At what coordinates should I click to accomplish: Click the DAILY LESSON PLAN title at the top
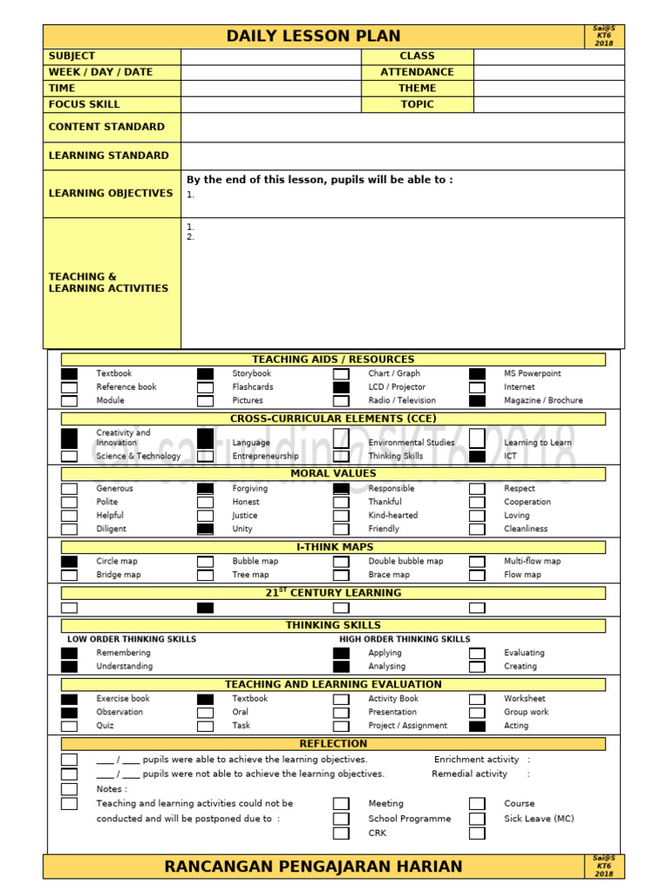(314, 36)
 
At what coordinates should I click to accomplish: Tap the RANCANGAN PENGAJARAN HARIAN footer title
(314, 866)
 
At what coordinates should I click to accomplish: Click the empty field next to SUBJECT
(270, 56)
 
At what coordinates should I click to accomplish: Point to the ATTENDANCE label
(417, 72)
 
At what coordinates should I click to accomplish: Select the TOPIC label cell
(417, 104)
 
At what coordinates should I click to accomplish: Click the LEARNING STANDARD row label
(109, 156)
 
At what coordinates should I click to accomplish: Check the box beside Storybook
(205, 374)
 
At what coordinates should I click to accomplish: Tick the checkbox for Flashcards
(205, 387)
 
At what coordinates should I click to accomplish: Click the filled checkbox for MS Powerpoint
(477, 374)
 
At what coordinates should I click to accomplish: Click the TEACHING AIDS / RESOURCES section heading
(333, 359)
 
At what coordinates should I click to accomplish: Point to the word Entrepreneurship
(265, 457)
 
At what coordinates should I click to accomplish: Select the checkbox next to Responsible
(341, 489)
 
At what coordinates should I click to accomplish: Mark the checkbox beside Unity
(205, 529)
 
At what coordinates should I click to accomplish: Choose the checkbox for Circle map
(69, 562)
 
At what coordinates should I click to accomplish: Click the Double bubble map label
(406, 562)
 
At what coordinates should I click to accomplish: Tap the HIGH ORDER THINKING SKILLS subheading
(405, 639)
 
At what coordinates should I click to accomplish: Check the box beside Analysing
(341, 667)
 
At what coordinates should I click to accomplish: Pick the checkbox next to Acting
(477, 726)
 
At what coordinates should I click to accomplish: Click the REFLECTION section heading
(333, 744)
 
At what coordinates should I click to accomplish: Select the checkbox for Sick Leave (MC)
(477, 819)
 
